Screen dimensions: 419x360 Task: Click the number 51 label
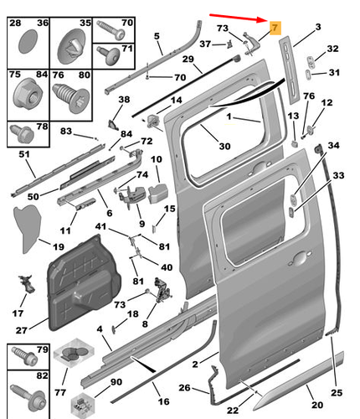[23, 154]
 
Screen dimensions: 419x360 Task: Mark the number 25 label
[337, 392]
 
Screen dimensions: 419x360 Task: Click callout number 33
[337, 175]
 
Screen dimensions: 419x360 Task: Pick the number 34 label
[334, 147]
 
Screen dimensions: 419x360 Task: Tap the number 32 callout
[332, 49]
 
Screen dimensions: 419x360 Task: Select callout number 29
[188, 59]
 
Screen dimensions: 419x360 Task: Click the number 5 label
[157, 35]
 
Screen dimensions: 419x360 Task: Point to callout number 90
[116, 382]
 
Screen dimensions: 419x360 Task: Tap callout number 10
[156, 159]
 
